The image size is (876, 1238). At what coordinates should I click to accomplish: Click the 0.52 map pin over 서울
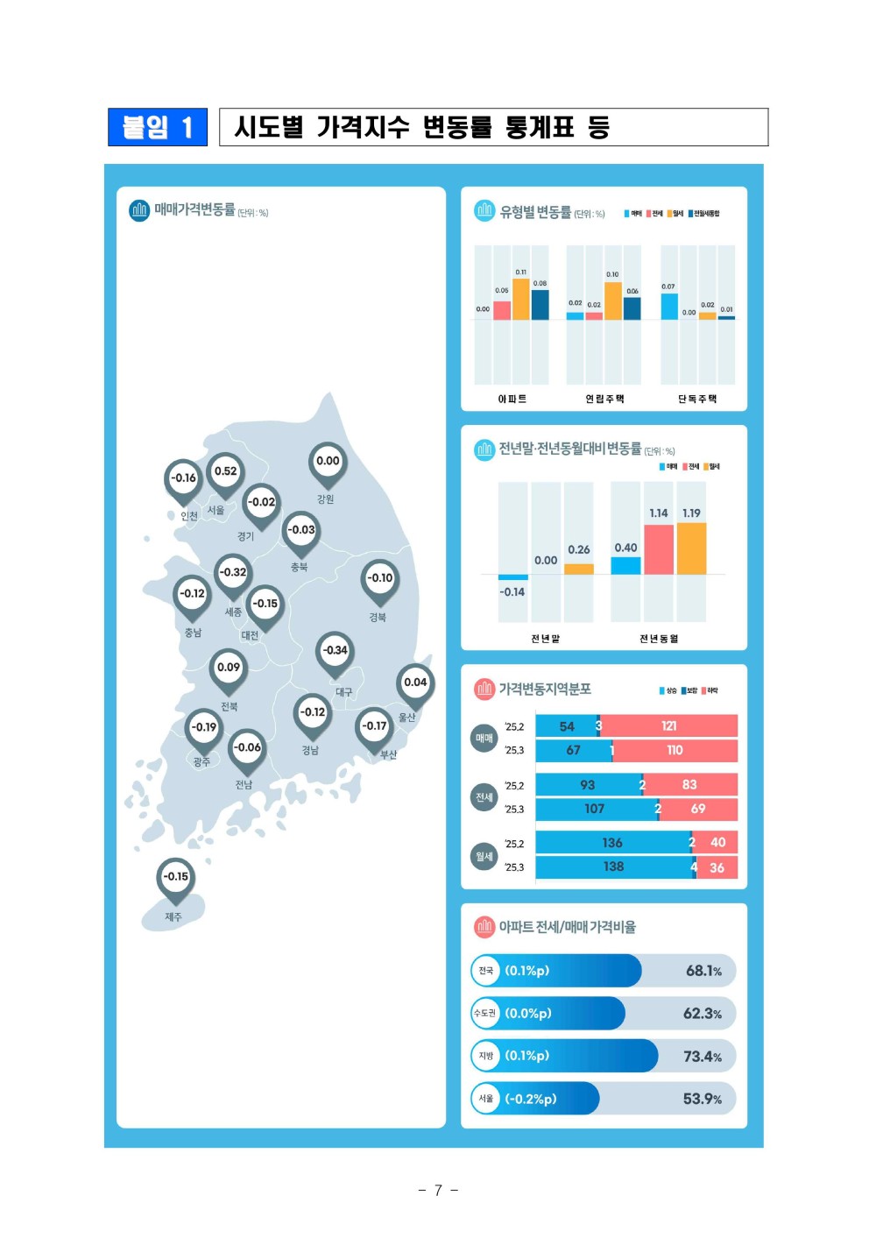tap(226, 471)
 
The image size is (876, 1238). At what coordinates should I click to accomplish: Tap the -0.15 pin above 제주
tap(176, 877)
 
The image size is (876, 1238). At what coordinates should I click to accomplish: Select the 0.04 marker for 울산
tap(415, 683)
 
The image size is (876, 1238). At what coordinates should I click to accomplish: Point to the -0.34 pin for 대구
tap(335, 651)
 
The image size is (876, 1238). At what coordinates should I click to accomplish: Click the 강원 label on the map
tap(325, 499)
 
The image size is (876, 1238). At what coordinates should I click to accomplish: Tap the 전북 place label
tap(229, 706)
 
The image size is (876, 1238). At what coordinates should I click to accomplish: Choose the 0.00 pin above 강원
tap(328, 462)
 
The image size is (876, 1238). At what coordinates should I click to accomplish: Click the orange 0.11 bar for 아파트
tap(521, 300)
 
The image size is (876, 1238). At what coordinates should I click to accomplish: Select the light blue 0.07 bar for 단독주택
tap(669, 307)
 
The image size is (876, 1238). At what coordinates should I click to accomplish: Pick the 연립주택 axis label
tap(604, 399)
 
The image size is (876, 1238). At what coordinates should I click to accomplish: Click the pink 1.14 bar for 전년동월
tap(659, 549)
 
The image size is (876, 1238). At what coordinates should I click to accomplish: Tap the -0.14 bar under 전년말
tap(513, 577)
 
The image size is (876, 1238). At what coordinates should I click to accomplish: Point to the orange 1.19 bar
tap(691, 548)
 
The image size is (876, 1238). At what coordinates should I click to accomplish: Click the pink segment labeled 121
tap(669, 725)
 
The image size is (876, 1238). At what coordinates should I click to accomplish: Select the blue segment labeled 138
tap(613, 867)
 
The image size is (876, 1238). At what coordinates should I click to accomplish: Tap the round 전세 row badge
tap(484, 797)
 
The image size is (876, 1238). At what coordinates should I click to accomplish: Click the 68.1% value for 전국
tap(703, 971)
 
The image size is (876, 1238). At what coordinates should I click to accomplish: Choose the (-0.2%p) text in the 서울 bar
tap(531, 1099)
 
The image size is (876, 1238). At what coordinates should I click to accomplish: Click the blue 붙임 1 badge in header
tap(158, 127)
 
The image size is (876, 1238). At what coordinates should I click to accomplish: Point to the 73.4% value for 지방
tap(703, 1057)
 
